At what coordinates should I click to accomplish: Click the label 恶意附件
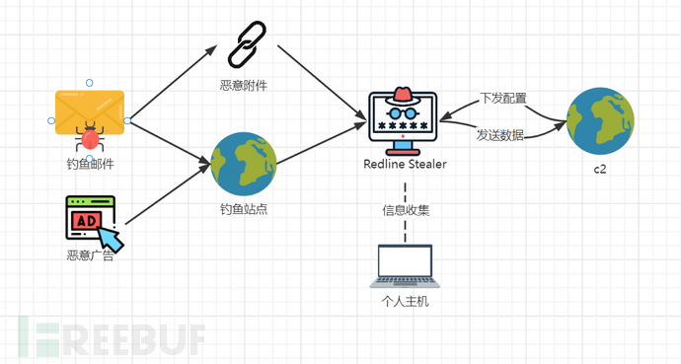click(x=243, y=86)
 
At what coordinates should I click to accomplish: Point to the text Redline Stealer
click(x=403, y=164)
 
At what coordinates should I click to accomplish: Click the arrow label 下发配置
click(x=502, y=99)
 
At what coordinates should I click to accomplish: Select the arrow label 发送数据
click(x=500, y=134)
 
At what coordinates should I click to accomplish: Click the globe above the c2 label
click(x=600, y=121)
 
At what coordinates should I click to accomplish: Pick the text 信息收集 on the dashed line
click(x=406, y=209)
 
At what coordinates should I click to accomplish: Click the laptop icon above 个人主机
click(x=406, y=263)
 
